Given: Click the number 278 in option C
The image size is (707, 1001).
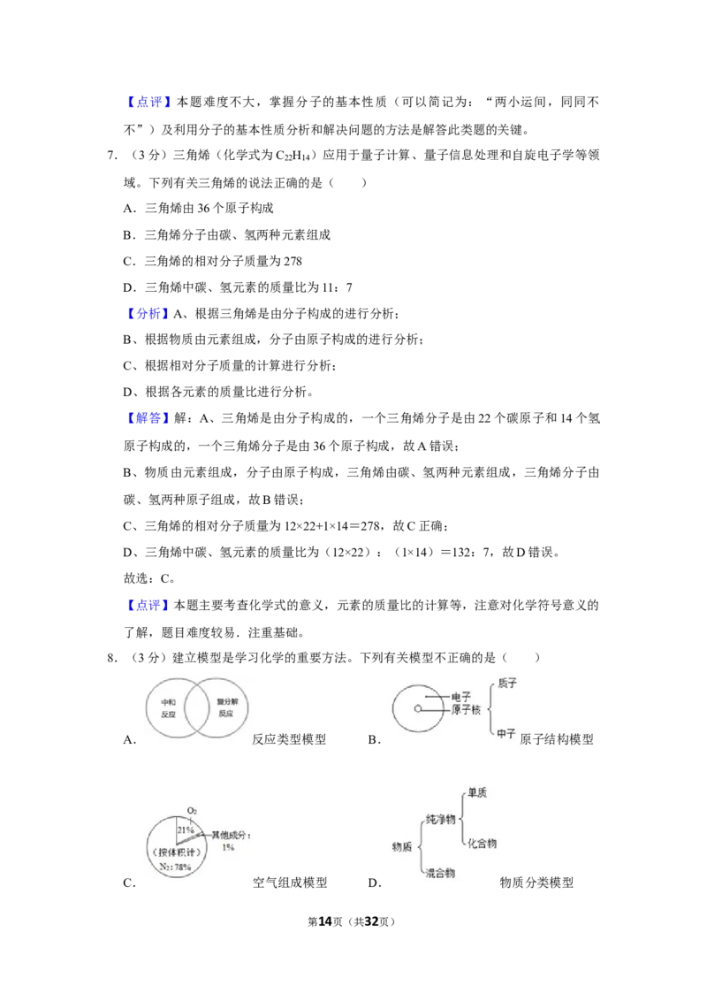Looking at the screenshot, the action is click(x=293, y=261).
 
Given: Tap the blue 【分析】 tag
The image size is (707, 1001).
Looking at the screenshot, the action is click(x=147, y=313).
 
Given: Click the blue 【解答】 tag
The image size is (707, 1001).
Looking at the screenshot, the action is click(x=147, y=419).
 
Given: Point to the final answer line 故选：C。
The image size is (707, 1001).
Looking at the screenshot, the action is click(x=149, y=578).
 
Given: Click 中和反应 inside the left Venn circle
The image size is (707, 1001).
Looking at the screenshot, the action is click(x=169, y=708).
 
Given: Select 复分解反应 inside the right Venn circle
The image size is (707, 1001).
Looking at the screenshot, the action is click(x=226, y=707).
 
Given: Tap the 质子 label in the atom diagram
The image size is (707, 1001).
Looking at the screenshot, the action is click(x=506, y=684).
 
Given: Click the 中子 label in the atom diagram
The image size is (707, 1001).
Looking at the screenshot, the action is click(x=506, y=734).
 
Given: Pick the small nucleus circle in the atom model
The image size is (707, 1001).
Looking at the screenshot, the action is click(x=418, y=708).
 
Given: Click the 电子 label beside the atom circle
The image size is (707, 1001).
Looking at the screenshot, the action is click(x=460, y=697).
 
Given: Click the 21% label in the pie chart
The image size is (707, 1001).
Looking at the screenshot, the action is click(x=185, y=830).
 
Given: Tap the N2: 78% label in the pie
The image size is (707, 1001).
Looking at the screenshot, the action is click(x=175, y=867).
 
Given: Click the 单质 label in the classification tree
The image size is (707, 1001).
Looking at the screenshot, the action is click(x=476, y=793).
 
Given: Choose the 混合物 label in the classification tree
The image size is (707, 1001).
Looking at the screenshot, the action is click(x=440, y=873).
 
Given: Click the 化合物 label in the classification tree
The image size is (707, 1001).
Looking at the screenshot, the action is click(x=482, y=844).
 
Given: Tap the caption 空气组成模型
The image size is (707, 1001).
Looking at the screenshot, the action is click(x=290, y=883).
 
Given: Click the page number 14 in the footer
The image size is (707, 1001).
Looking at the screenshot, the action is click(x=325, y=921).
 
